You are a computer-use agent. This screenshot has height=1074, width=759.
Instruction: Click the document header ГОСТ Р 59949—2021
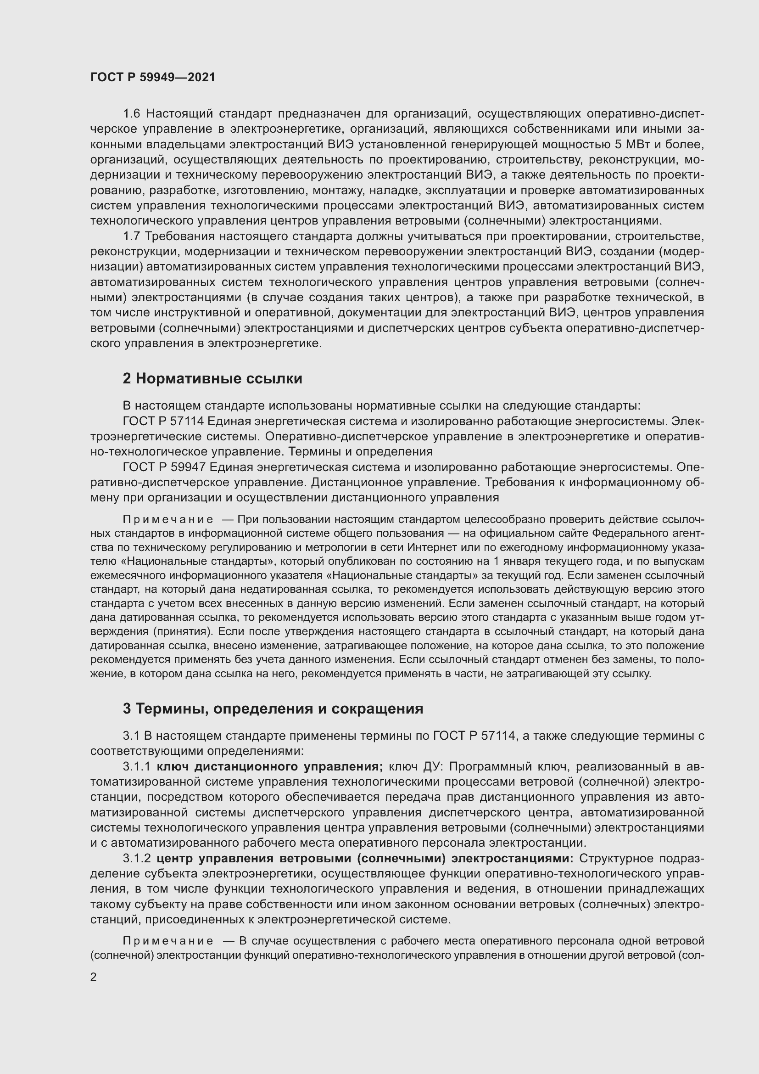tap(153, 78)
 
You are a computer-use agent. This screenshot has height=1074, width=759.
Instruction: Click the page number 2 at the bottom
tap(94, 977)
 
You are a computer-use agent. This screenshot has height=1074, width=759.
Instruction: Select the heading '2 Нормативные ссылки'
tap(212, 378)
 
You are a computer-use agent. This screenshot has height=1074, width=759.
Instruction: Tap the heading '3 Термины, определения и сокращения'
tap(273, 709)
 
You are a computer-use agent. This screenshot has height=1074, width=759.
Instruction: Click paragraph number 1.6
tap(132, 114)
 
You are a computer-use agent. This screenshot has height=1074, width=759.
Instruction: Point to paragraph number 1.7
tap(132, 236)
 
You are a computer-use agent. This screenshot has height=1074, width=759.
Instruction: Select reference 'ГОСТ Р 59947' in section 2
tap(163, 467)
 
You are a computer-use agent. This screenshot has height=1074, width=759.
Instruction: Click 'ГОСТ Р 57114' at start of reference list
tap(163, 422)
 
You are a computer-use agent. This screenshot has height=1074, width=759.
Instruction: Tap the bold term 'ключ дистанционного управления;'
tap(270, 767)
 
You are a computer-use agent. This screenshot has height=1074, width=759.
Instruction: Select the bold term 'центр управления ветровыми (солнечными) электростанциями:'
tap(365, 859)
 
